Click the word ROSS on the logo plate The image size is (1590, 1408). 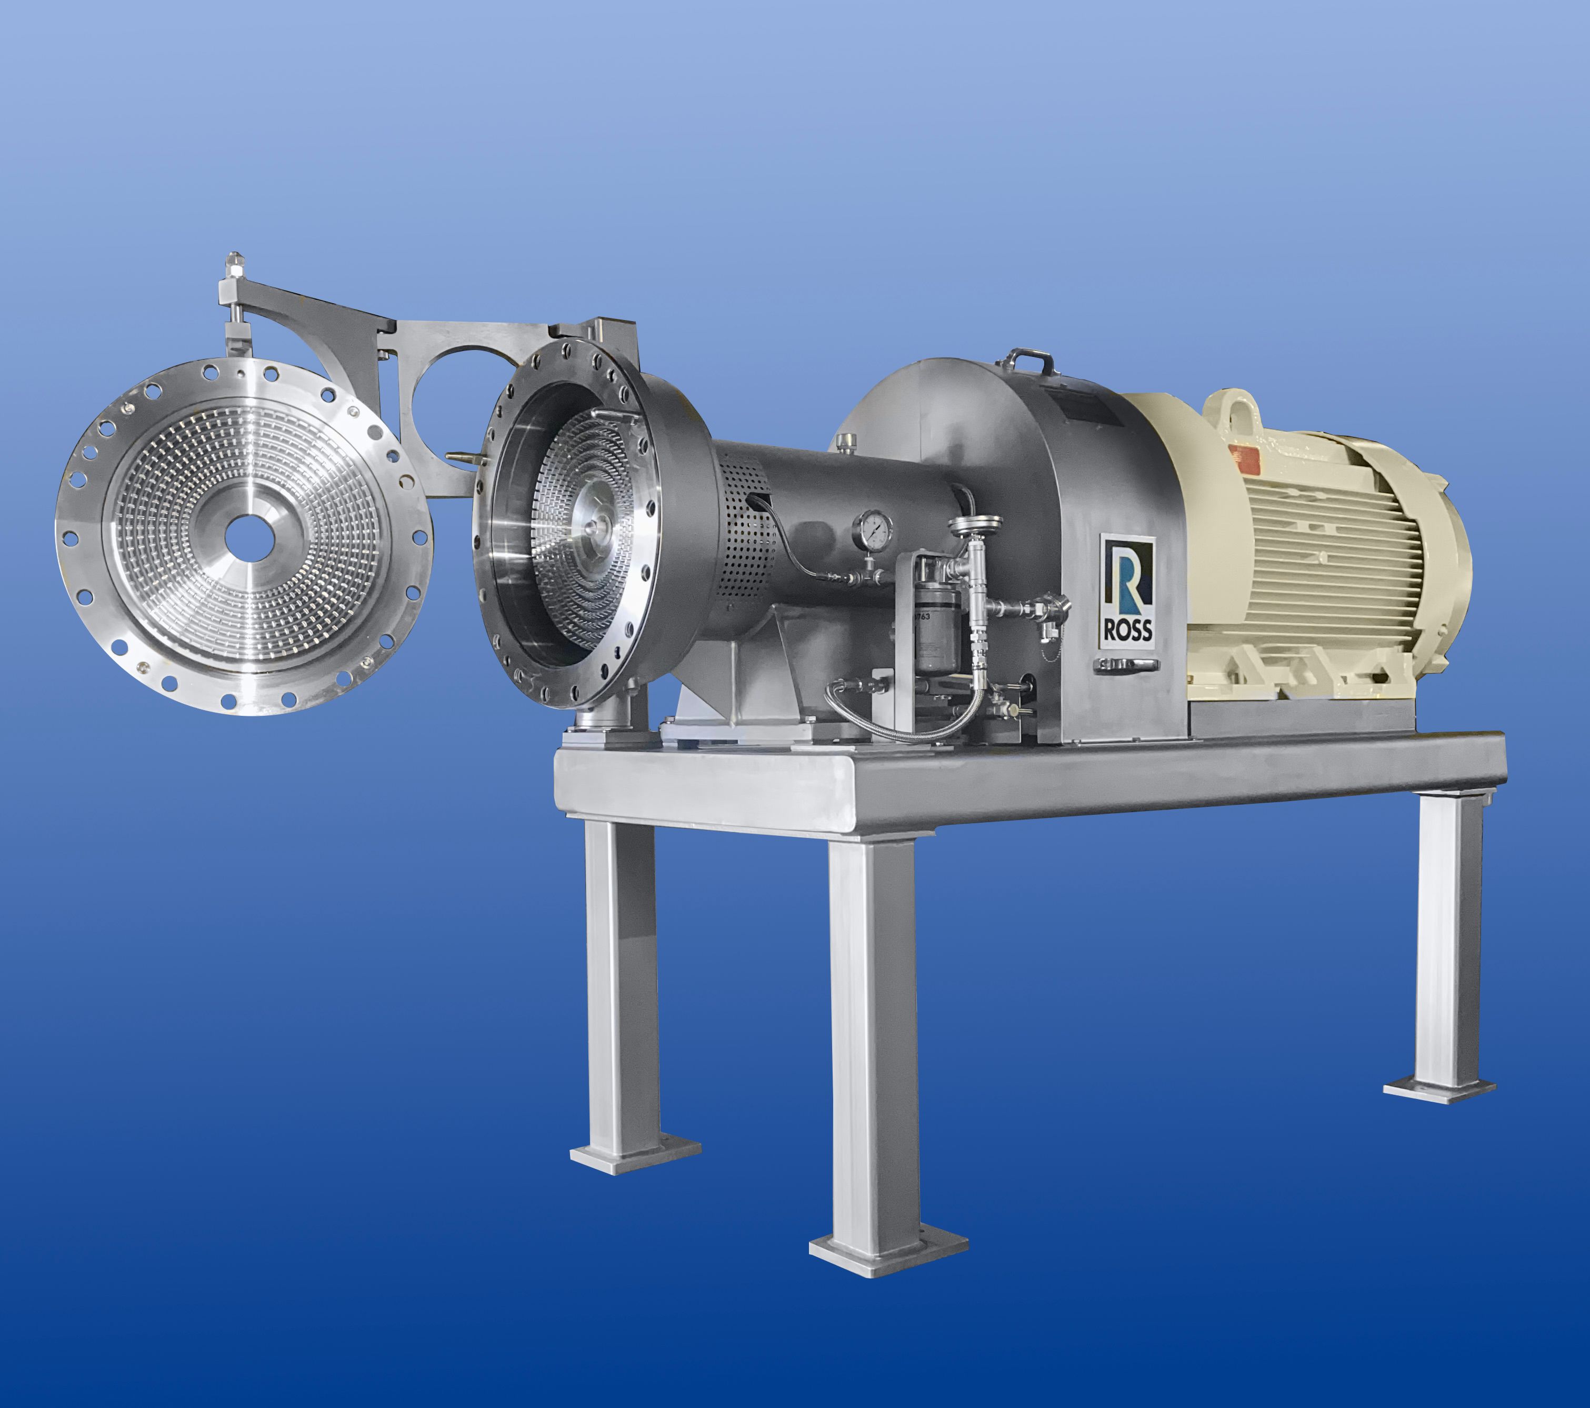coord(1126,628)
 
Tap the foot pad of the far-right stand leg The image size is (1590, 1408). coord(1438,1087)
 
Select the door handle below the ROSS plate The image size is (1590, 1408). coord(1126,664)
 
